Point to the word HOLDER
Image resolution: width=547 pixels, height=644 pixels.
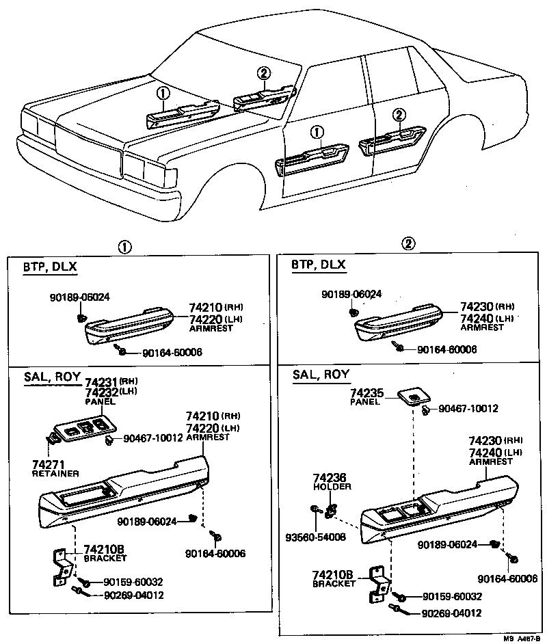[333, 487]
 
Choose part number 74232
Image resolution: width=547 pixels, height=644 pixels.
[101, 393]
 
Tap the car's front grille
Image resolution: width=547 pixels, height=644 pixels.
[89, 144]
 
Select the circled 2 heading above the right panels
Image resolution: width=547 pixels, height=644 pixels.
[408, 244]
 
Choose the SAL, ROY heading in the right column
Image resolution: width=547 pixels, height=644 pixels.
[321, 374]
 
